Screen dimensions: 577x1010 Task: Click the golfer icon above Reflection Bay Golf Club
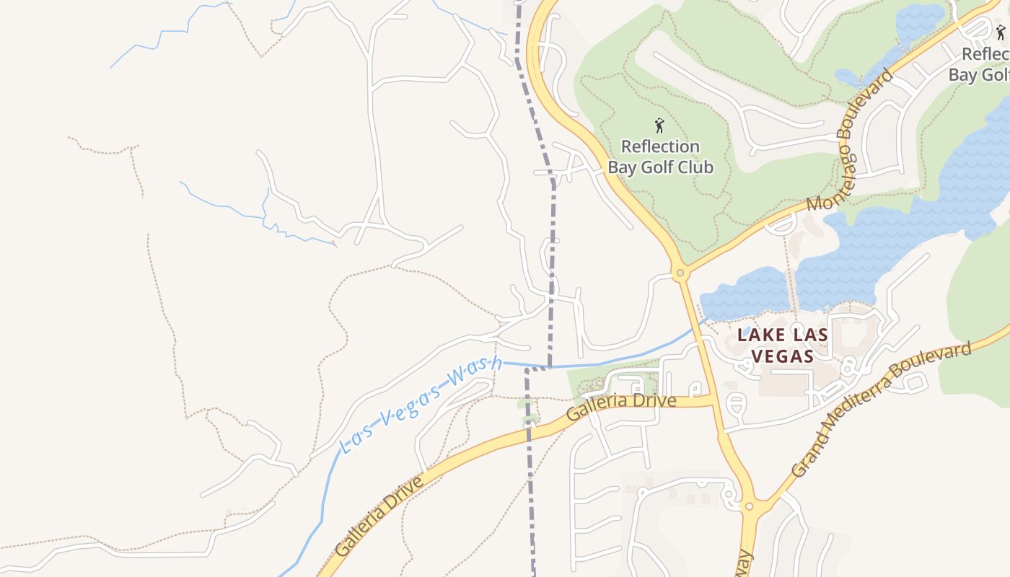click(x=659, y=126)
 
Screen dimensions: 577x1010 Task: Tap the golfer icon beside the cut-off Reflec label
click(x=1001, y=32)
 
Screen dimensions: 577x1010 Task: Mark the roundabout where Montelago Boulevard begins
click(x=679, y=273)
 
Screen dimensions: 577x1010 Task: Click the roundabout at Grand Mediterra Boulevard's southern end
click(x=749, y=506)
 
